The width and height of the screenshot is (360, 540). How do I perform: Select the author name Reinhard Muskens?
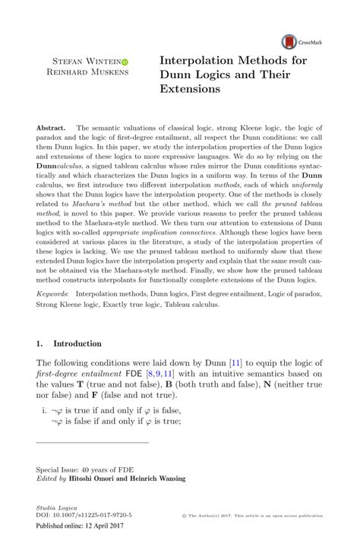tap(90, 72)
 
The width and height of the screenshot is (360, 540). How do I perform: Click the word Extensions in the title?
tap(190, 88)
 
